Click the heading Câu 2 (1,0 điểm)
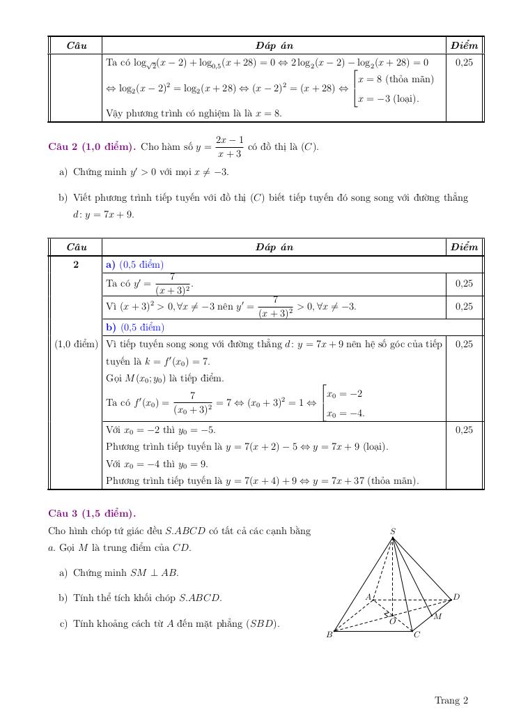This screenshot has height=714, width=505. click(91, 147)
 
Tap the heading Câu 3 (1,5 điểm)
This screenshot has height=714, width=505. click(91, 514)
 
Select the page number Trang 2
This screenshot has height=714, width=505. click(451, 700)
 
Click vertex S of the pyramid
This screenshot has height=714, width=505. click(393, 532)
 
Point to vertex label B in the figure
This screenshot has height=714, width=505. click(329, 635)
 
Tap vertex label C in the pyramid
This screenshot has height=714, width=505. click(417, 635)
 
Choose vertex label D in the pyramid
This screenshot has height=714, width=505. click(457, 597)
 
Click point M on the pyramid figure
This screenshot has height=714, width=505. click(437, 616)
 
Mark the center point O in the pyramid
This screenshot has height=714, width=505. click(393, 621)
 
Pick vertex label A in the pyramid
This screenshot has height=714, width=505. click(368, 596)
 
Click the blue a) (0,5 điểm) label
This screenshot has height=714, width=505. click(134, 265)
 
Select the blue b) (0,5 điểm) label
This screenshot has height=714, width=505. click(134, 327)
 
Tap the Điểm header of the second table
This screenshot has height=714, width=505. click(464, 247)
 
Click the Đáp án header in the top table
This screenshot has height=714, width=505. click(274, 45)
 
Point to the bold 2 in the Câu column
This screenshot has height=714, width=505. click(76, 265)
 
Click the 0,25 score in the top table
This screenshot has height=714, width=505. click(464, 62)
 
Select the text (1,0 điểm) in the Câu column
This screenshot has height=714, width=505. click(76, 344)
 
